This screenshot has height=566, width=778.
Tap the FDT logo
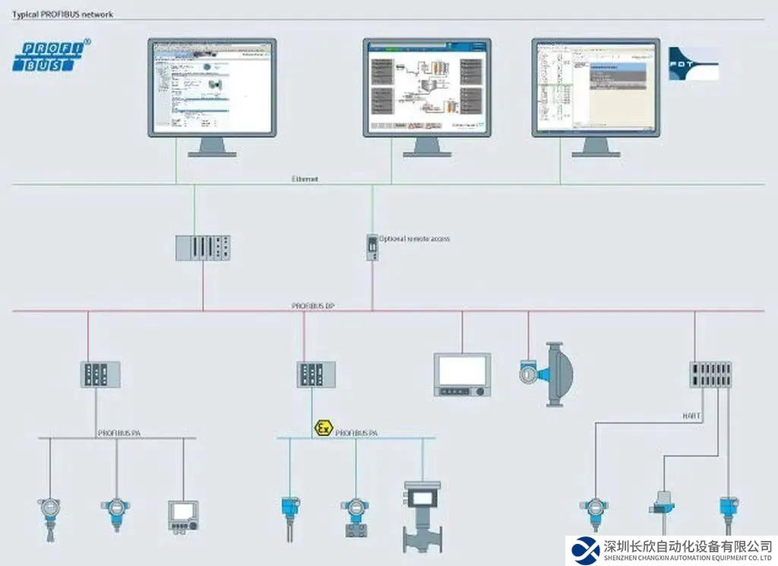click(693, 64)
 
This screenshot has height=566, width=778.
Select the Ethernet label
click(305, 179)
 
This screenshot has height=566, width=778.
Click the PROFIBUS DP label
click(313, 305)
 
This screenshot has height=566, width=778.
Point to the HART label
click(691, 416)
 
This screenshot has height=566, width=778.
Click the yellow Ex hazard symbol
click(322, 429)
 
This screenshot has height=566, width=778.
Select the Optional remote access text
click(414, 239)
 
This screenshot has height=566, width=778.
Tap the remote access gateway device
click(372, 247)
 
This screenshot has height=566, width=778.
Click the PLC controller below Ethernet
click(203, 247)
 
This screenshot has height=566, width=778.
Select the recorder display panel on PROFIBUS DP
click(462, 374)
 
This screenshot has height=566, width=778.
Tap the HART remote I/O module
click(710, 375)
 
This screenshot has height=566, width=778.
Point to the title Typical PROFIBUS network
click(62, 14)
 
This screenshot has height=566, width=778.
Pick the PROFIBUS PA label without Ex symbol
click(119, 433)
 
